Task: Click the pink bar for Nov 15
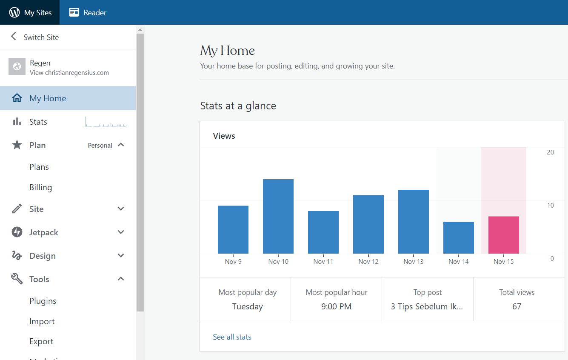[504, 235]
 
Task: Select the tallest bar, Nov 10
[278, 216]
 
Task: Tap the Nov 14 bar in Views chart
[459, 237]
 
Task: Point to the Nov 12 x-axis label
[368, 261]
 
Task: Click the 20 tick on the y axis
[550, 152]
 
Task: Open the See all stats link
[232, 337]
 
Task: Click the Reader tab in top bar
[88, 12]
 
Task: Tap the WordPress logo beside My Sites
[14, 12]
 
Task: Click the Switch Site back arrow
[14, 36]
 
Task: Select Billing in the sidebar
[40, 187]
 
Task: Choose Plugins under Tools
[43, 301]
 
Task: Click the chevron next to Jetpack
[121, 232]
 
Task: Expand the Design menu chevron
[121, 255]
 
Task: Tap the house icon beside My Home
[17, 98]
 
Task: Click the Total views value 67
[517, 306]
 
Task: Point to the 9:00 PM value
[336, 306]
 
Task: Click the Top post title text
[427, 306]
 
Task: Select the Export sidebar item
[41, 342]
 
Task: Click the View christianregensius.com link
[69, 73]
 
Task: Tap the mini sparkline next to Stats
[106, 122]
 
